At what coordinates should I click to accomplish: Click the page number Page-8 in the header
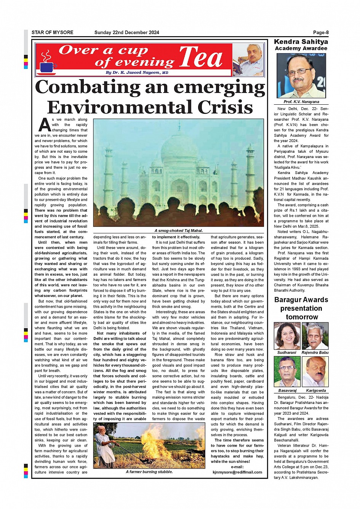(x=321, y=32)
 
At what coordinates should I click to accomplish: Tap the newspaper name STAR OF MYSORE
(x=52, y=32)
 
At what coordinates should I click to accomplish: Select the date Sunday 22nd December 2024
(x=126, y=32)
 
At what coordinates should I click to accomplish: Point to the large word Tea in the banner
(x=201, y=58)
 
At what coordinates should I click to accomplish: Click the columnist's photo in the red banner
(x=248, y=60)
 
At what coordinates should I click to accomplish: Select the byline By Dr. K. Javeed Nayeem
(x=137, y=72)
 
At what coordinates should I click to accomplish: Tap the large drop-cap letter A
(x=45, y=125)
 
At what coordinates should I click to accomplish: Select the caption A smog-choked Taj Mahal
(x=178, y=230)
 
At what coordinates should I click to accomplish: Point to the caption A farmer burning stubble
(x=149, y=472)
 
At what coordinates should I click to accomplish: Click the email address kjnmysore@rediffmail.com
(x=237, y=472)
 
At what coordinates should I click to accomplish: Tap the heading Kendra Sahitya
(x=301, y=42)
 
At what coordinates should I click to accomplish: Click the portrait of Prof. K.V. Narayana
(x=301, y=76)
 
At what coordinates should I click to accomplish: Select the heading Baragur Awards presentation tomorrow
(x=301, y=308)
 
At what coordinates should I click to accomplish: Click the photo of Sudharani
(x=287, y=336)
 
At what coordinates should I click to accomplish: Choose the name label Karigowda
(x=316, y=390)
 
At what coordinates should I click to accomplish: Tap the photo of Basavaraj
(x=287, y=372)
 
